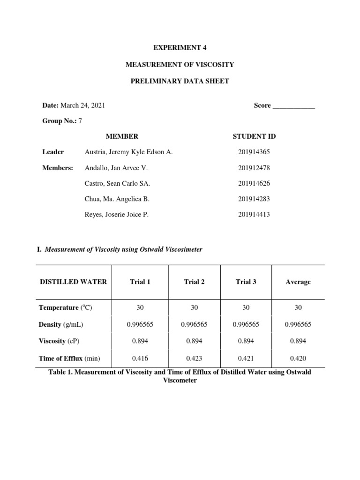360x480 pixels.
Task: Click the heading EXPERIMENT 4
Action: (180, 47)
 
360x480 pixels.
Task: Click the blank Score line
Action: (293, 106)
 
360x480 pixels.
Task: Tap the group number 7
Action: (80, 121)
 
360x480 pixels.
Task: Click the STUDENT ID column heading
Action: (254, 136)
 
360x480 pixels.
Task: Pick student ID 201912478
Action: (254, 168)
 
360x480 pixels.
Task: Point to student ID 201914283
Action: (254, 199)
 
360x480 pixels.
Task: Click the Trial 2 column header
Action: (194, 282)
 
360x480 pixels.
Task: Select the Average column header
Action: (298, 282)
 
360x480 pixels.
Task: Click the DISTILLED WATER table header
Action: (73, 282)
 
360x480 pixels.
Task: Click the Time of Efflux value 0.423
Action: (194, 359)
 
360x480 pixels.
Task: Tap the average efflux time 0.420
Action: (298, 359)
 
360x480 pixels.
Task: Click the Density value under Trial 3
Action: (246, 324)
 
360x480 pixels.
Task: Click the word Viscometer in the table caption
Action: (180, 381)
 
